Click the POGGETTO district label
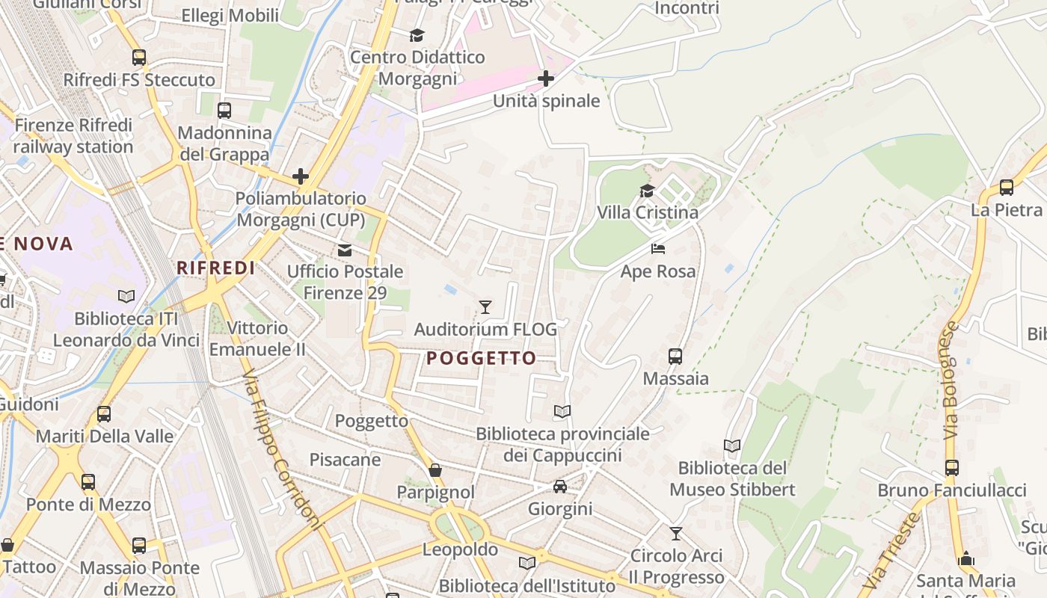(x=482, y=358)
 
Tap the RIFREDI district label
(x=215, y=268)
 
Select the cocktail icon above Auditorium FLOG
(x=485, y=306)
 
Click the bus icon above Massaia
(x=675, y=356)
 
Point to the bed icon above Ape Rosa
(x=658, y=248)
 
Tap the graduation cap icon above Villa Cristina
(x=647, y=191)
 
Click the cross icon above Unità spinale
(x=546, y=78)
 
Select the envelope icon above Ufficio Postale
(x=345, y=250)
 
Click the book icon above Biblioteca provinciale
(x=562, y=411)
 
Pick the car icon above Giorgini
(x=559, y=487)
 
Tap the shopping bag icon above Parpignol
(x=435, y=470)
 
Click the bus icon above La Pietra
(x=1007, y=188)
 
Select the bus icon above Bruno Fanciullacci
(x=951, y=468)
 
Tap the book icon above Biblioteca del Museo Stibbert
(x=732, y=446)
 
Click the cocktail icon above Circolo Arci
(x=676, y=533)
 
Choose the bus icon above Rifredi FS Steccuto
(x=139, y=58)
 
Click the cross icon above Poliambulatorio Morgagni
(x=301, y=176)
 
